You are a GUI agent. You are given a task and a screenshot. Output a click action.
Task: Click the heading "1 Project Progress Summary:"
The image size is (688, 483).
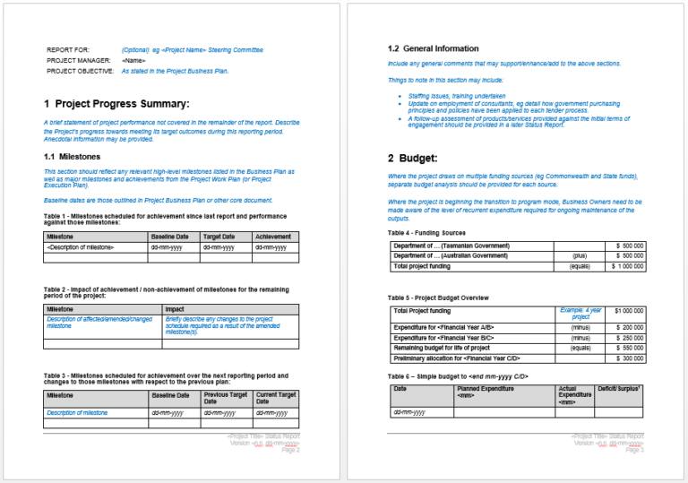click(116, 104)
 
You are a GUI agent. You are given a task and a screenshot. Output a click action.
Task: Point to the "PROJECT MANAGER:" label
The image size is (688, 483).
click(77, 60)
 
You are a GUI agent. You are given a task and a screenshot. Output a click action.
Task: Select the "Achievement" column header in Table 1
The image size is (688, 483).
click(273, 236)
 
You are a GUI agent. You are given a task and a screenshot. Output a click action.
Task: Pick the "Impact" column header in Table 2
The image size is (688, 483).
click(175, 308)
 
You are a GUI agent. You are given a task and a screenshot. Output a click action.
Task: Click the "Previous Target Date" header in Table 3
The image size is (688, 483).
click(225, 398)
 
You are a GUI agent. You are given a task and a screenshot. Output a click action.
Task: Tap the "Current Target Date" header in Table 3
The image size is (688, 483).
click(275, 398)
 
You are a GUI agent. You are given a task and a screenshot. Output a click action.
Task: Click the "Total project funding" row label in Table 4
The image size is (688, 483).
click(422, 266)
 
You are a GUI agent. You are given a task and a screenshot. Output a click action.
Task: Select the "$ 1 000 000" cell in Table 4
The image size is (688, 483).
click(627, 266)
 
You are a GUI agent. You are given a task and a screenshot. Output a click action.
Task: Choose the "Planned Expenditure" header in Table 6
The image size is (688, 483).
click(486, 392)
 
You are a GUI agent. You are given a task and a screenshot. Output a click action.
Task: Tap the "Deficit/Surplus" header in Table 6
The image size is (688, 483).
click(620, 388)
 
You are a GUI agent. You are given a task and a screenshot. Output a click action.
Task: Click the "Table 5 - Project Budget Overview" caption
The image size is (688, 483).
click(438, 298)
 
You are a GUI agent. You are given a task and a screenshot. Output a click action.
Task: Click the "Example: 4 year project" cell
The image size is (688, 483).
click(580, 313)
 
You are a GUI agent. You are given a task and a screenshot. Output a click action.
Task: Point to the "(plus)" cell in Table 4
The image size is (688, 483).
click(580, 255)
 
